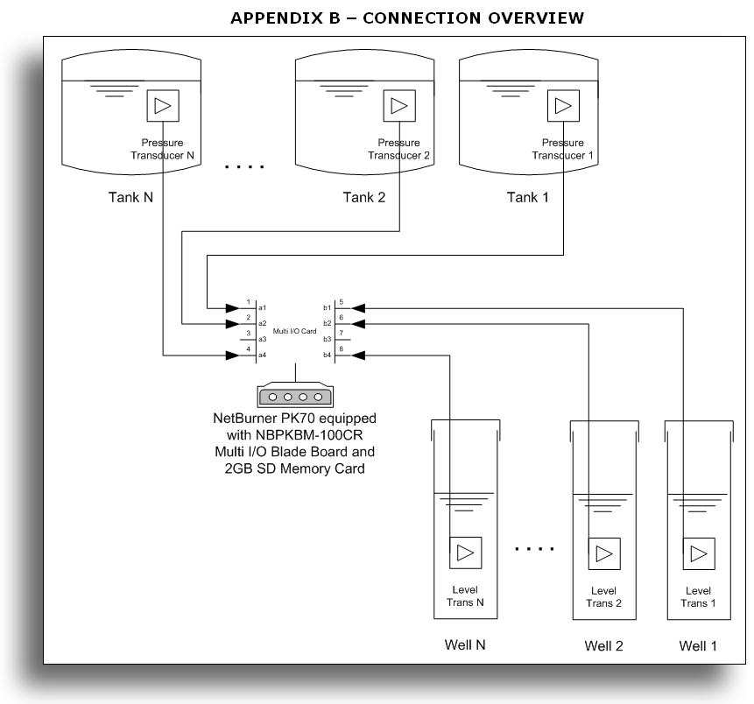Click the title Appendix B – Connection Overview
click(407, 18)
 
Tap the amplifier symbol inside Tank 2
click(398, 107)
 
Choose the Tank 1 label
click(528, 197)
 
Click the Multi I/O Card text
click(294, 330)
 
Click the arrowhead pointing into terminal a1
click(232, 308)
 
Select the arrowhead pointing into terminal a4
click(232, 356)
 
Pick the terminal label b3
click(328, 339)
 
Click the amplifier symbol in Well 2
click(603, 553)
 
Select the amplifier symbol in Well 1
click(698, 553)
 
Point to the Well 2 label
click(603, 647)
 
